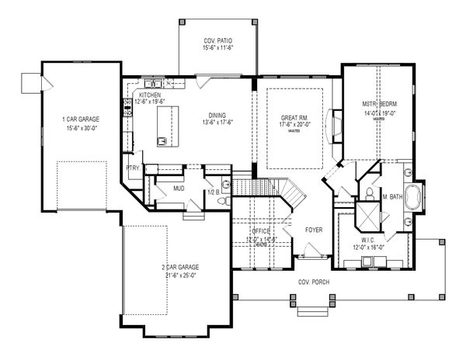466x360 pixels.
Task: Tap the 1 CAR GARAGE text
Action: [x=80, y=119]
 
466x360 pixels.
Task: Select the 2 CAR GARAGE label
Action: [x=176, y=268]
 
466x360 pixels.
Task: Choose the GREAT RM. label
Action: [x=295, y=117]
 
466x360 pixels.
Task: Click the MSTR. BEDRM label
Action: [x=378, y=103]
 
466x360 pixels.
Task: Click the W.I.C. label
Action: [x=367, y=241]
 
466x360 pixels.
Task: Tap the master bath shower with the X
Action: [x=361, y=212]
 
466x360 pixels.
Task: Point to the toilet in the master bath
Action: [x=370, y=191]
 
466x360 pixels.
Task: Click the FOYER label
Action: [x=313, y=230]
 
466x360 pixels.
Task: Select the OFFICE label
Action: [x=260, y=232]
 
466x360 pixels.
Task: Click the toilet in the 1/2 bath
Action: [x=221, y=199]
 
